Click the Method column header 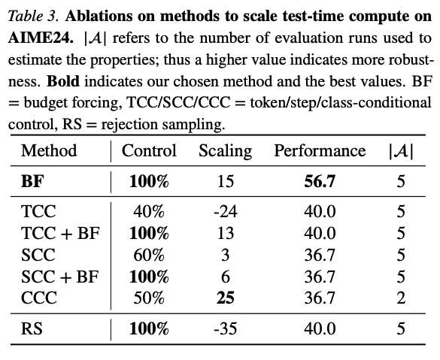pyautogui.click(x=49, y=150)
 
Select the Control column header pyautogui.click(x=149, y=150)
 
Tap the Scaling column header pyautogui.click(x=226, y=151)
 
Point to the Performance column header pyautogui.click(x=320, y=150)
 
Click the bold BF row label pyautogui.click(x=32, y=181)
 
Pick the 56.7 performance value pyautogui.click(x=320, y=181)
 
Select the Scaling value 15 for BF pyautogui.click(x=226, y=181)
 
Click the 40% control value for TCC pyautogui.click(x=149, y=211)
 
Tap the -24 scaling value pyautogui.click(x=226, y=211)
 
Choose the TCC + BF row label pyautogui.click(x=60, y=233)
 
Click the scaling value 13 pyautogui.click(x=226, y=233)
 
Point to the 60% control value pyautogui.click(x=149, y=255)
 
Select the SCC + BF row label pyautogui.click(x=59, y=277)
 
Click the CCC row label pyautogui.click(x=38, y=298)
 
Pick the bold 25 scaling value pyautogui.click(x=226, y=298)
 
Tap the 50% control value pyautogui.click(x=149, y=298)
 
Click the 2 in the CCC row pyautogui.click(x=401, y=298)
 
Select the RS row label pyautogui.click(x=32, y=328)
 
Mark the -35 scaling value pyautogui.click(x=226, y=328)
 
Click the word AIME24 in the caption pyautogui.click(x=41, y=38)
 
